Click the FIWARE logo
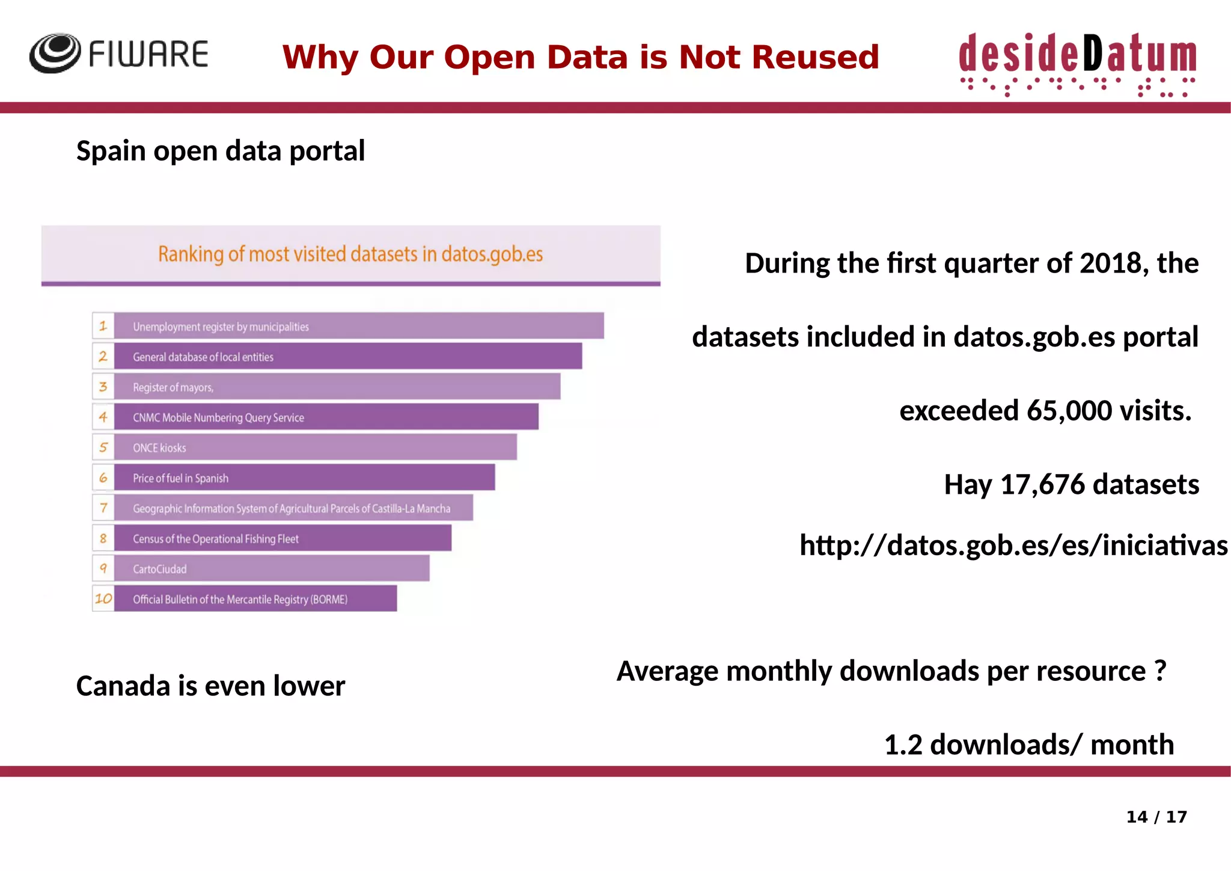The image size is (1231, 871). (x=118, y=54)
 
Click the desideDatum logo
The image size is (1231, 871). (x=1077, y=63)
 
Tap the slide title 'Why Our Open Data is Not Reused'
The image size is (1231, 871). (x=581, y=57)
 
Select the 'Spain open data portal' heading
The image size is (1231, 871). (x=221, y=150)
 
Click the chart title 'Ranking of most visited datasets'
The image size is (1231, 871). (x=350, y=254)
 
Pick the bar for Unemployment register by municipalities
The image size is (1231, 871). (x=359, y=326)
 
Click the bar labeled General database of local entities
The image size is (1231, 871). (x=347, y=357)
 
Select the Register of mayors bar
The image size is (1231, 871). (x=337, y=387)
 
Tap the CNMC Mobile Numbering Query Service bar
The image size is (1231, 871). (x=326, y=417)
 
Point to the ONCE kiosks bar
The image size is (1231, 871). (x=315, y=448)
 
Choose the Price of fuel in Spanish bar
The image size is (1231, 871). (x=304, y=478)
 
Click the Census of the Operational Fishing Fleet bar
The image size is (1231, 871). (x=283, y=538)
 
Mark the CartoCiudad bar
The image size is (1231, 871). (x=272, y=568)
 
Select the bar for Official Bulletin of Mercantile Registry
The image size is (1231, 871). (x=255, y=599)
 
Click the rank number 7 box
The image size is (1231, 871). (x=103, y=508)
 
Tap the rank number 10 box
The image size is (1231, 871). (x=103, y=599)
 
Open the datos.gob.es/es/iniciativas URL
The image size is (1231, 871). (x=1013, y=546)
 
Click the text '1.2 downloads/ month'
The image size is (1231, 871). (x=1028, y=745)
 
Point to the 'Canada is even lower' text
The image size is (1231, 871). (x=210, y=686)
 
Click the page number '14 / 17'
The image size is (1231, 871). (x=1156, y=817)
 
